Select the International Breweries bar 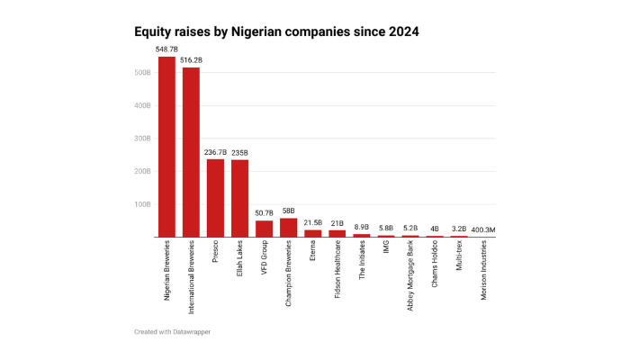click(x=191, y=152)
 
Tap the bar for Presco click(x=215, y=198)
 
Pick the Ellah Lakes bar click(x=239, y=198)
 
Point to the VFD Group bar click(x=264, y=229)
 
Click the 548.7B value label click(x=166, y=50)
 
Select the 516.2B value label click(x=191, y=61)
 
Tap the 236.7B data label click(x=215, y=153)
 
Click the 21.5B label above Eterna click(x=312, y=223)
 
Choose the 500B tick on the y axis click(x=142, y=73)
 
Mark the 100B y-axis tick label click(x=142, y=204)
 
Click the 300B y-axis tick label click(x=142, y=139)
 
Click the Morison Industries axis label click(x=483, y=275)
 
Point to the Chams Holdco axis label click(x=435, y=269)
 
